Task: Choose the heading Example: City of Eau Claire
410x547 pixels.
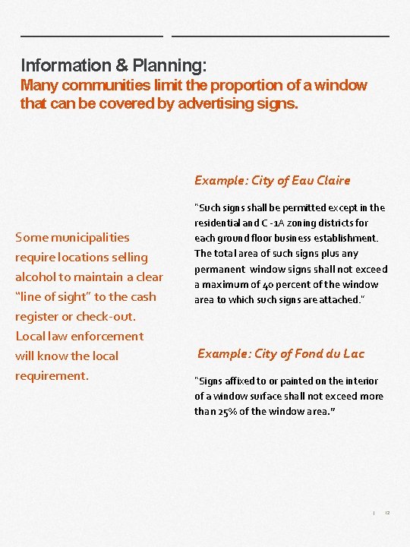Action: (272, 180)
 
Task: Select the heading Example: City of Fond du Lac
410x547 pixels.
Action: (281, 353)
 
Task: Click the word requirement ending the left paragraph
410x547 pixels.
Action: (51, 375)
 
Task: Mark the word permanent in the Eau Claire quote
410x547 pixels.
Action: (219, 269)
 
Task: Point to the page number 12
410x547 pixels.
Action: (387, 513)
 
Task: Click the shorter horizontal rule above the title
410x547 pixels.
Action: (92, 36)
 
